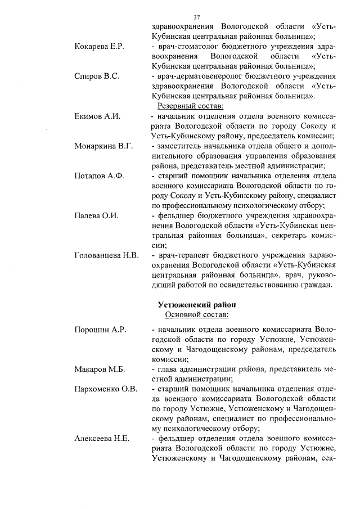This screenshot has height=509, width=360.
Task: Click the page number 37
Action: click(196, 17)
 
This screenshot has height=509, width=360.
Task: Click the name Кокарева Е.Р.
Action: click(99, 46)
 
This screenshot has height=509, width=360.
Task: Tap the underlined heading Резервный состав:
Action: click(191, 106)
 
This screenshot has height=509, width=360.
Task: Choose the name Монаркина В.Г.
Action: click(103, 146)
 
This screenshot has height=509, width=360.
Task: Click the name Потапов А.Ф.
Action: click(98, 176)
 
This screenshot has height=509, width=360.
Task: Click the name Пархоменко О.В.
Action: click(106, 389)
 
